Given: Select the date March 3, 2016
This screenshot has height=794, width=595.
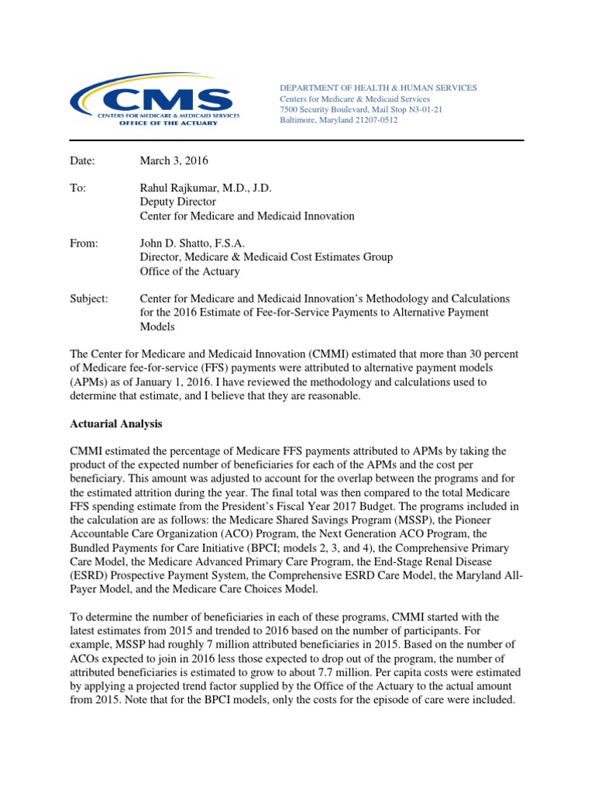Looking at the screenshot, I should point(174,161).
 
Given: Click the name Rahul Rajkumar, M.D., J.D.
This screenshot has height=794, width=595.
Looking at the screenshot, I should point(205,188).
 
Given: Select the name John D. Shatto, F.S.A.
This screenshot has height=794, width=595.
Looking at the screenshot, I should point(192,243).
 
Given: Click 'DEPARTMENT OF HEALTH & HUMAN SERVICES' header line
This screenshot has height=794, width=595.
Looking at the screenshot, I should point(378,88).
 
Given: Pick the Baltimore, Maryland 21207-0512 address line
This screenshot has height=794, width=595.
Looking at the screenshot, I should point(339,121).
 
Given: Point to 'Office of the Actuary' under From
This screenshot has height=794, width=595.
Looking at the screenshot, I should point(189,271).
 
